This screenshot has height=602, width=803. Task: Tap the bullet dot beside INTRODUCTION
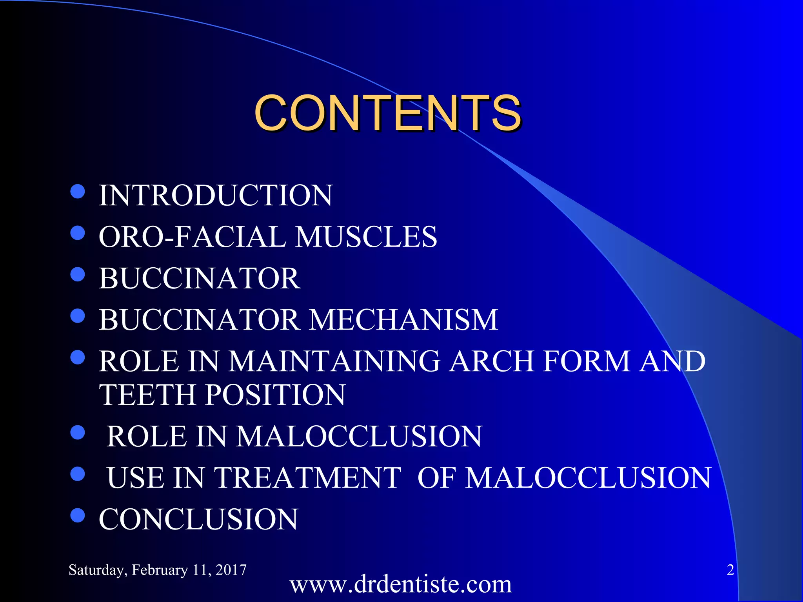(78, 192)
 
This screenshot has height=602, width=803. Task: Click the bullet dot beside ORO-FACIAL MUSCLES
(78, 233)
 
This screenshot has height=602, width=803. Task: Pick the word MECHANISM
(403, 320)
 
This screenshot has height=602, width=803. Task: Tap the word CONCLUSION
(198, 519)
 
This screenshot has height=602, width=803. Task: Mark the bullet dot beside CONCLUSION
(78, 515)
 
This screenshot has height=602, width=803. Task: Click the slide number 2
(730, 570)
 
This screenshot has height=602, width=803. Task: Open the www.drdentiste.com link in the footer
(401, 584)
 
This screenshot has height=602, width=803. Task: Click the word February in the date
(160, 570)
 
